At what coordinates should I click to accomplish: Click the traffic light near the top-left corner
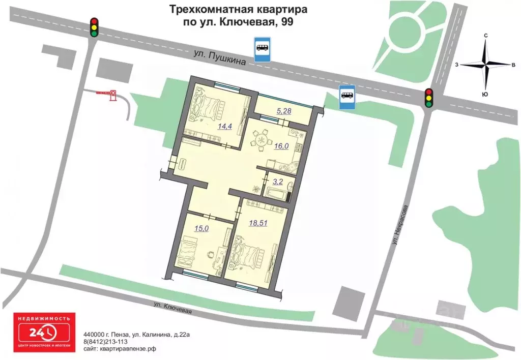pyautogui.click(x=94, y=27)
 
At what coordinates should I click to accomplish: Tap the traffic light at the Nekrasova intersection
pyautogui.click(x=429, y=97)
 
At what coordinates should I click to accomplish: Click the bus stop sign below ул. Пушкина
pyautogui.click(x=348, y=97)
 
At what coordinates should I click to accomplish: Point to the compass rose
pyautogui.click(x=487, y=65)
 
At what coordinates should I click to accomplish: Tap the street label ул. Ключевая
pyautogui.click(x=173, y=308)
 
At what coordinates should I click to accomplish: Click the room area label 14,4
pyautogui.click(x=225, y=127)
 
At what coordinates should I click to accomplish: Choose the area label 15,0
pyautogui.click(x=202, y=229)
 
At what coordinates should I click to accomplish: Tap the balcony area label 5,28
pyautogui.click(x=283, y=110)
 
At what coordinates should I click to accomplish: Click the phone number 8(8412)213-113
pyautogui.click(x=106, y=342)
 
